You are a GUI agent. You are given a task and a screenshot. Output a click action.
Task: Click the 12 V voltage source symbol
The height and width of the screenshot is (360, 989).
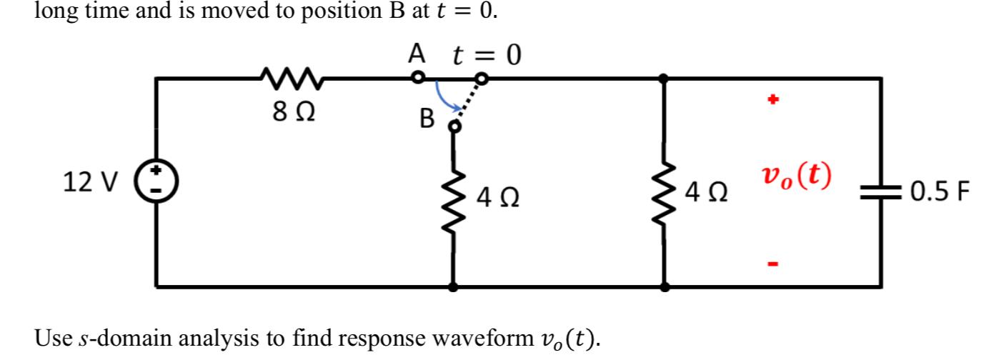point(156,181)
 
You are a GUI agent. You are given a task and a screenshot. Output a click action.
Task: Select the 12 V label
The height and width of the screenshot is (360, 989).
point(91,181)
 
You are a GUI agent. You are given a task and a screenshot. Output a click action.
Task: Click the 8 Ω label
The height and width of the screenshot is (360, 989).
point(294,111)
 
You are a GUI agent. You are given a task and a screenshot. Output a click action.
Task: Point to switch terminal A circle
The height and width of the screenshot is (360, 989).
point(418,78)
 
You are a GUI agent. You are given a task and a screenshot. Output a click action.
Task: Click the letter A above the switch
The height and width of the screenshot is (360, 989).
point(417,54)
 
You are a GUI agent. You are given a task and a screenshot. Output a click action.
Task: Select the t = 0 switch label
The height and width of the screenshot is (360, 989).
point(487,55)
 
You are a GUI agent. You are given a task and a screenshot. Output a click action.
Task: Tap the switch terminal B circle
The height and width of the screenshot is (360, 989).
point(454,127)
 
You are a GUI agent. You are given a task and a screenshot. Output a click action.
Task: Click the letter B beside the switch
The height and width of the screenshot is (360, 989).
point(427,119)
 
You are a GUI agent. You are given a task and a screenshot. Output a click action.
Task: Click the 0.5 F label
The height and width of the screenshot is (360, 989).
point(940,191)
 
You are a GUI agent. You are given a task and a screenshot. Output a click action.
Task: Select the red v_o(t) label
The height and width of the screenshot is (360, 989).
point(797,176)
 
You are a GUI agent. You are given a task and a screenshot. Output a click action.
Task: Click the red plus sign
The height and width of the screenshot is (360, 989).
point(772,99)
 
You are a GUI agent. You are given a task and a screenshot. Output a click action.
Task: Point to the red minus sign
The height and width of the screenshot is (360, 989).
point(772,264)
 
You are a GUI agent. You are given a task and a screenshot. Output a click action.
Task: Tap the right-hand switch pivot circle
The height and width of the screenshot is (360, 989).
point(482,79)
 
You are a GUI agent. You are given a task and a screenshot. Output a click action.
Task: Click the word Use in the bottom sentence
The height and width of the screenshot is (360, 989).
point(54,338)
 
